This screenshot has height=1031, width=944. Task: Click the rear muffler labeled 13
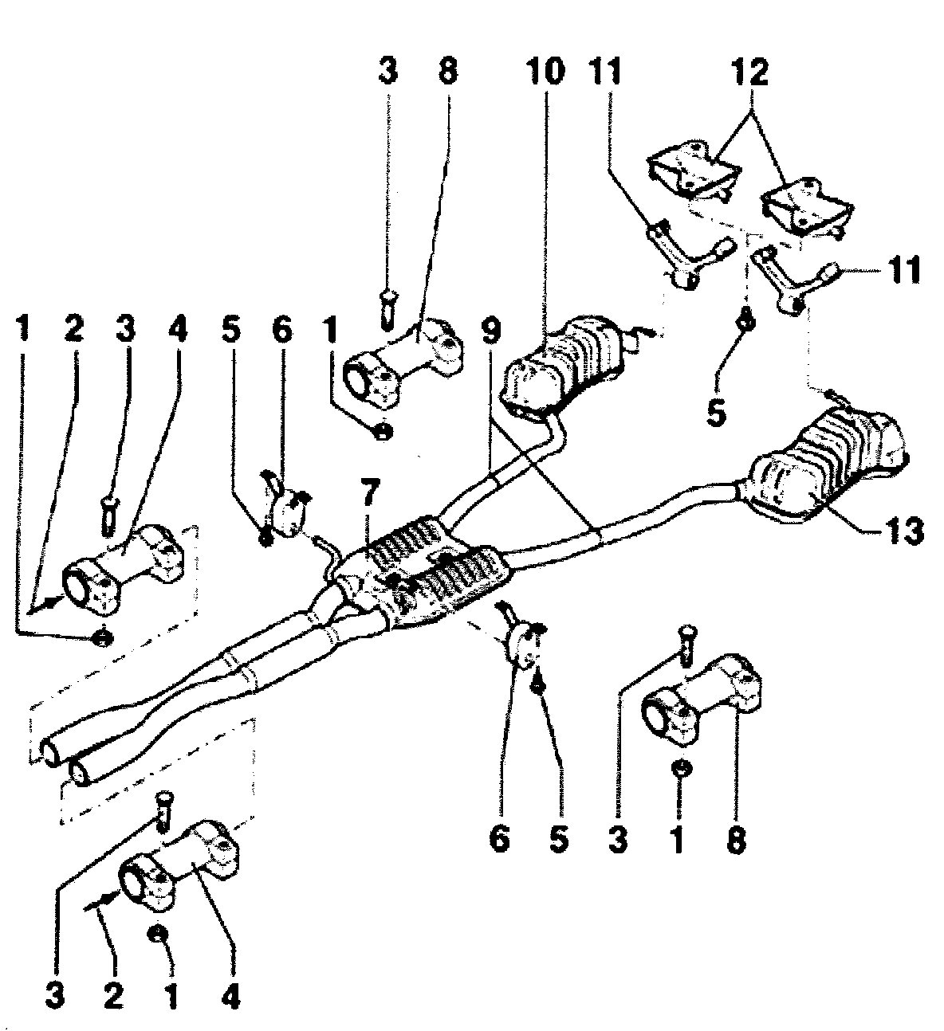[x=821, y=470]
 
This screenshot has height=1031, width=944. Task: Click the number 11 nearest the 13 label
[x=903, y=270]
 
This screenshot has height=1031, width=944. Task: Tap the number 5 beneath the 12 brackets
[x=715, y=414]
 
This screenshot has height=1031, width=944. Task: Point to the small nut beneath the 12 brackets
[x=747, y=320]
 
